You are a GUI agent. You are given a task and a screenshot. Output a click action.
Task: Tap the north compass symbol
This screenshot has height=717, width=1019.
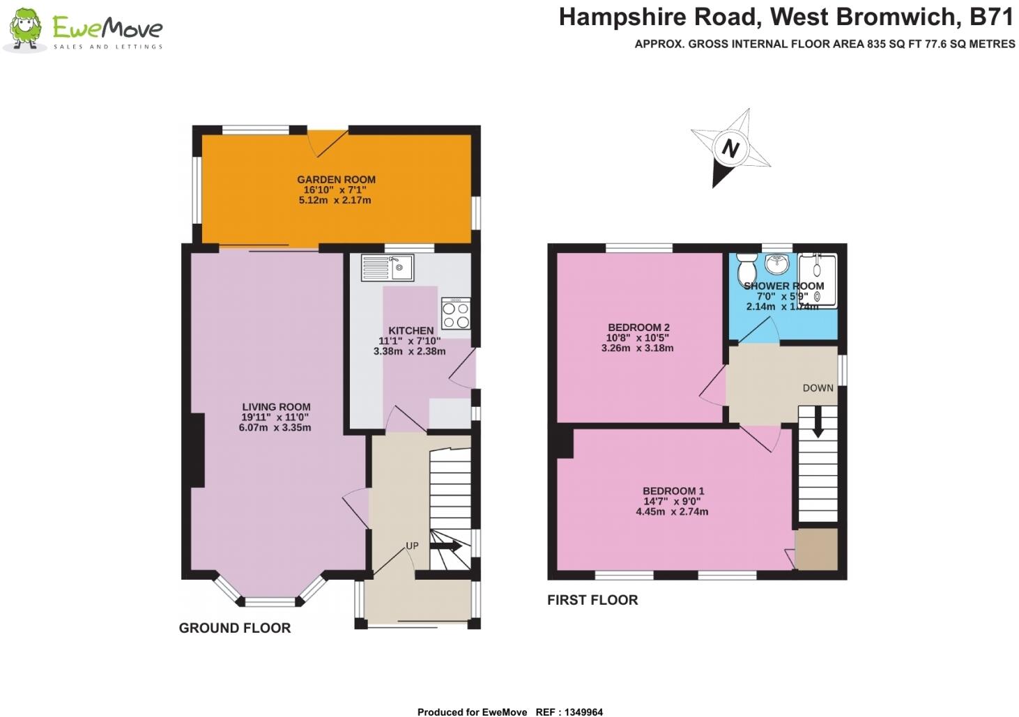[730, 148]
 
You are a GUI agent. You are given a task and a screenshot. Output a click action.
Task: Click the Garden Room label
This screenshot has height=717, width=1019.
[336, 179]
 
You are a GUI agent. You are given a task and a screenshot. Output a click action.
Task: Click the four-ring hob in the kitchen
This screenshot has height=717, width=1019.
[456, 314]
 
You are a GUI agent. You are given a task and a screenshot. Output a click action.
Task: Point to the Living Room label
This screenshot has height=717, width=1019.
[276, 407]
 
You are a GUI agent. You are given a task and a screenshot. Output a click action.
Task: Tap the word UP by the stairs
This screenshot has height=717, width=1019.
[412, 546]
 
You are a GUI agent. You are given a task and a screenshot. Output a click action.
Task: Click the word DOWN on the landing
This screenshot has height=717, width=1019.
[818, 388]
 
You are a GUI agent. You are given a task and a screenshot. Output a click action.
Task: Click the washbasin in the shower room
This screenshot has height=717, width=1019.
[776, 263]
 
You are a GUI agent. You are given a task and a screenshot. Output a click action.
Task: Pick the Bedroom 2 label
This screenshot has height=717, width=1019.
[638, 327]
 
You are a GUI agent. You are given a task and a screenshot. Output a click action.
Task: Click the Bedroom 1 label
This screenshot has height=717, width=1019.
[673, 491]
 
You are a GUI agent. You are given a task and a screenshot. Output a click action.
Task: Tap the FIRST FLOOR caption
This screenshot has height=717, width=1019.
[592, 600]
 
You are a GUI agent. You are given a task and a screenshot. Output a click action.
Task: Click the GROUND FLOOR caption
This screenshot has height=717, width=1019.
[235, 628]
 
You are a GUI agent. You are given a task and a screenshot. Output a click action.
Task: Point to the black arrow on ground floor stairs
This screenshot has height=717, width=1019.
[446, 546]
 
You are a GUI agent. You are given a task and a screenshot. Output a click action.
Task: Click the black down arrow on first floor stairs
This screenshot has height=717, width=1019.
[818, 422]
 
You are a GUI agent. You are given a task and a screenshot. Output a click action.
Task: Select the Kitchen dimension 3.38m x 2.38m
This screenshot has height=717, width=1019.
[409, 351]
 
